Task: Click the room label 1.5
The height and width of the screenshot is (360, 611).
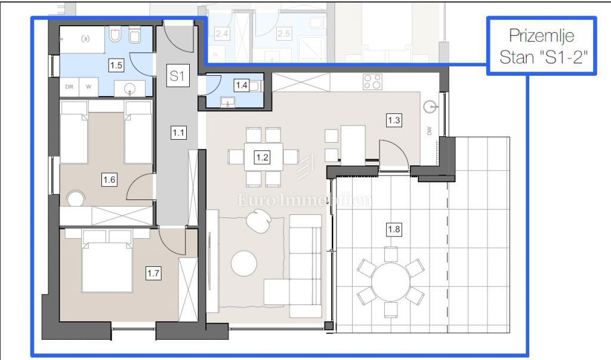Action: (116, 63)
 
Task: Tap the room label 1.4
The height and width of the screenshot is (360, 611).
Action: (241, 85)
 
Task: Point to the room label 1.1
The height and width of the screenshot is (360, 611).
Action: (177, 133)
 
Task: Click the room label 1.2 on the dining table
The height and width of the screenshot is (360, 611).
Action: (261, 158)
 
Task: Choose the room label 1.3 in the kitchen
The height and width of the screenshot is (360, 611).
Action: (394, 121)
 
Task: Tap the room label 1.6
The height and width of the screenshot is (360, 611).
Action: (109, 178)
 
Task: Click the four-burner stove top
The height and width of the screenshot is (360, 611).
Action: (372, 82)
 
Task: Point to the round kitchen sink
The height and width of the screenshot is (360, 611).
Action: (430, 107)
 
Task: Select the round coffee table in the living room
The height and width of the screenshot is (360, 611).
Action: (244, 263)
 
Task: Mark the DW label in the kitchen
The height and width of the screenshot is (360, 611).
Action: (429, 131)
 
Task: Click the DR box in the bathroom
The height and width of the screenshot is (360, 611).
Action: (69, 87)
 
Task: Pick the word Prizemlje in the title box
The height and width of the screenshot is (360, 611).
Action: (542, 36)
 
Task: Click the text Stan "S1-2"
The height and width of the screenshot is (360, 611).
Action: (542, 57)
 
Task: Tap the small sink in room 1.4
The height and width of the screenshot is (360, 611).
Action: (227, 101)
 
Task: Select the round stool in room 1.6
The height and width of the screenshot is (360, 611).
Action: (76, 198)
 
